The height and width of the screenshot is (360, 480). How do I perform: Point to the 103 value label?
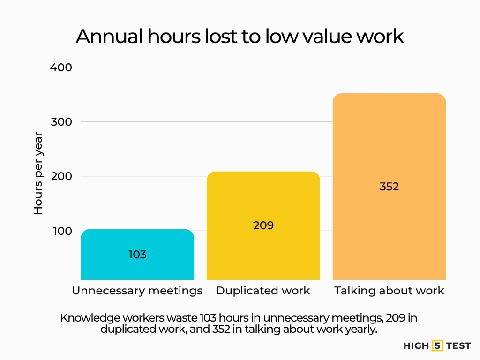(137, 255)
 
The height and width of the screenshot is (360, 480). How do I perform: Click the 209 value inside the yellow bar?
(263, 225)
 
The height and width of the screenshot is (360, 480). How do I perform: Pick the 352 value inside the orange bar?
(389, 187)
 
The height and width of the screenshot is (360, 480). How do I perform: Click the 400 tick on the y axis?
(61, 67)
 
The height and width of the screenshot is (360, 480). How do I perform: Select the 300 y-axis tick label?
(61, 122)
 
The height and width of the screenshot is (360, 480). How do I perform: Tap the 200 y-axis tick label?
(61, 176)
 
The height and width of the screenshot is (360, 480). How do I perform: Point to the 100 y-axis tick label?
(61, 231)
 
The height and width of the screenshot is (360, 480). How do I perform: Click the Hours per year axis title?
(38, 173)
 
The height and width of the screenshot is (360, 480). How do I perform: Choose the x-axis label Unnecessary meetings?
(137, 291)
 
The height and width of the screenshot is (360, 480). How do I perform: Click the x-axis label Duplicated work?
(263, 291)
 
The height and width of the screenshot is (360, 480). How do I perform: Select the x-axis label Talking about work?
(389, 291)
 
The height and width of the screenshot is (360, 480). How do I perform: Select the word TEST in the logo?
(458, 346)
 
